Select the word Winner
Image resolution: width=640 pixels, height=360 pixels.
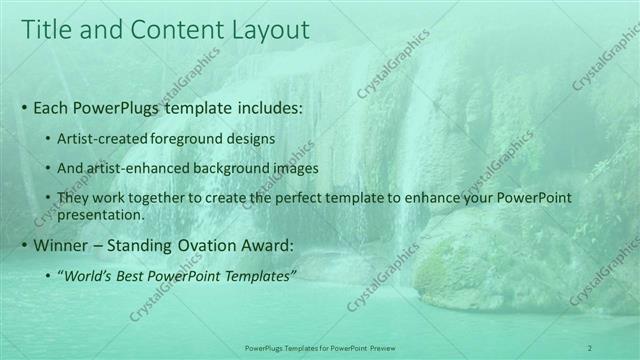(64, 245)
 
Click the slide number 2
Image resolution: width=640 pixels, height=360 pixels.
(590, 347)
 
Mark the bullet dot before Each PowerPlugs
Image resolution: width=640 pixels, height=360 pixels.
(23, 107)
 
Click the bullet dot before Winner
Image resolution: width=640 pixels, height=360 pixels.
(23, 245)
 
